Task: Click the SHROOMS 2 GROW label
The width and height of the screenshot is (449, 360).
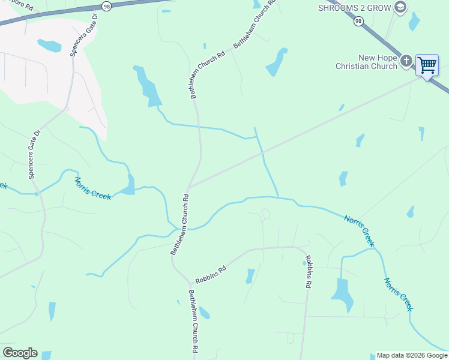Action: (x=354, y=7)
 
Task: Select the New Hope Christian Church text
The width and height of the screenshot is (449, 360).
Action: (x=378, y=62)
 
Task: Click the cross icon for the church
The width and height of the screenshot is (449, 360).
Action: (x=406, y=61)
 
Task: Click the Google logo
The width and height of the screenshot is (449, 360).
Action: (x=20, y=353)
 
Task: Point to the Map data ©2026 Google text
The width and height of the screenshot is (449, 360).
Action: (x=412, y=355)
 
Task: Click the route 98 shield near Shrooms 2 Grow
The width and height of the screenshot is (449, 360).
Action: (x=358, y=21)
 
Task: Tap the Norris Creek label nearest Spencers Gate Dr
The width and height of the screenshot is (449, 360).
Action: (x=92, y=188)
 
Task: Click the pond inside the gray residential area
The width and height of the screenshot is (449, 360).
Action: (x=49, y=46)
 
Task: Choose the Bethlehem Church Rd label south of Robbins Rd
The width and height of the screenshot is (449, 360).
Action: (x=193, y=320)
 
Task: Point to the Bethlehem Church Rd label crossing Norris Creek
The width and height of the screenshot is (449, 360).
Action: (x=179, y=224)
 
